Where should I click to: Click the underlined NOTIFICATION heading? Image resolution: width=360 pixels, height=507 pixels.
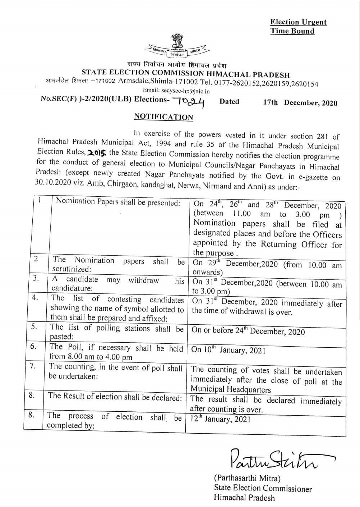click(163, 117)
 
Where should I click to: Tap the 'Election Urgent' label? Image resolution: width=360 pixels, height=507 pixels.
click(298, 22)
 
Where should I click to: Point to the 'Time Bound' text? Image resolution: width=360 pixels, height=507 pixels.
click(292, 31)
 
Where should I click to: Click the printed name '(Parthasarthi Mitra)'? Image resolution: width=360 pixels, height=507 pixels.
click(247, 478)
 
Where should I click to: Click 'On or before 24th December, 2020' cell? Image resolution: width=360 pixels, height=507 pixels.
click(248, 331)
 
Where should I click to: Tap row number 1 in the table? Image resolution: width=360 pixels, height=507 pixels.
click(40, 200)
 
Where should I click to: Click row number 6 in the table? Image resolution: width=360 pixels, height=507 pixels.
click(33, 346)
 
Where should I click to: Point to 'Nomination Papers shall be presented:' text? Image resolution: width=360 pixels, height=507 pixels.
click(118, 202)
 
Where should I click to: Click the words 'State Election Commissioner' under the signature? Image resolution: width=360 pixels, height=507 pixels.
click(263, 488)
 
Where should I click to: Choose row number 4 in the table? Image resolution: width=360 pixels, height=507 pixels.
click(34, 298)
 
